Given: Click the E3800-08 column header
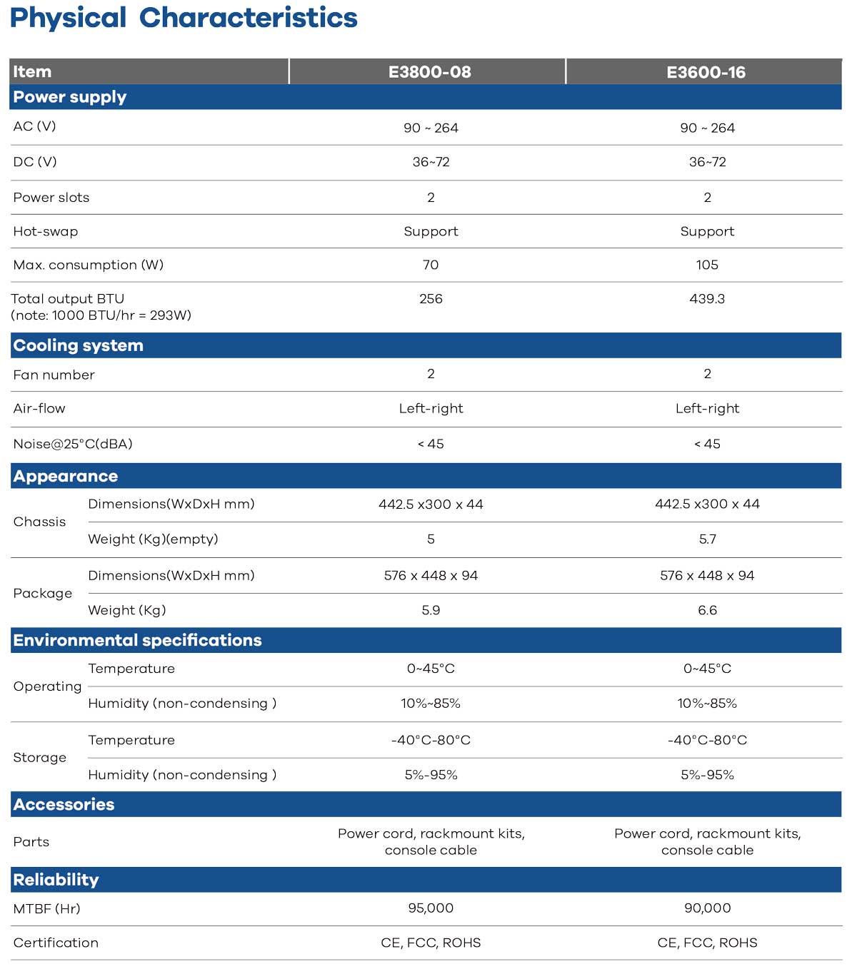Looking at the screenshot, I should click(x=429, y=72).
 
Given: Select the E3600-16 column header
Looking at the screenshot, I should click(x=706, y=72).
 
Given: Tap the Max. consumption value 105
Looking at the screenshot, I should click(x=707, y=265).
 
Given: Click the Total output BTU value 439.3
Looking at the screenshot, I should click(x=707, y=299).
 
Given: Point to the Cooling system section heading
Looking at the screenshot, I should click(x=78, y=345).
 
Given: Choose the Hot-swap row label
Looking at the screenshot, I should click(x=46, y=231).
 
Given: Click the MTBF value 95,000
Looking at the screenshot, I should click(x=431, y=908).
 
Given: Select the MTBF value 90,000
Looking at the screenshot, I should click(x=707, y=908).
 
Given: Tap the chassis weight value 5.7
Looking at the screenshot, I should click(x=707, y=539).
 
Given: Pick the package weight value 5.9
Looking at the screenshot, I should click(x=431, y=610).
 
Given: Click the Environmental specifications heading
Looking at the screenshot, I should click(x=137, y=640).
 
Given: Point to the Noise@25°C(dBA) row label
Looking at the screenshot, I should click(x=73, y=444).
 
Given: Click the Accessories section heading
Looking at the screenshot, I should click(x=64, y=804).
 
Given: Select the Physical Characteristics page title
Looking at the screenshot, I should click(x=184, y=18).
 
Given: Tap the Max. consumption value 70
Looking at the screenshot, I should click(x=431, y=265).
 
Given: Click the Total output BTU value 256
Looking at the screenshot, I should click(x=431, y=299).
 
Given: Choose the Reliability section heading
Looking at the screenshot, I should click(x=56, y=880).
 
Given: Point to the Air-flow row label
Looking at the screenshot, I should click(x=39, y=409).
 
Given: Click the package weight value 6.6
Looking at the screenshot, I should click(x=707, y=610).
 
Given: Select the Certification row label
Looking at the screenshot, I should click(x=56, y=943).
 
